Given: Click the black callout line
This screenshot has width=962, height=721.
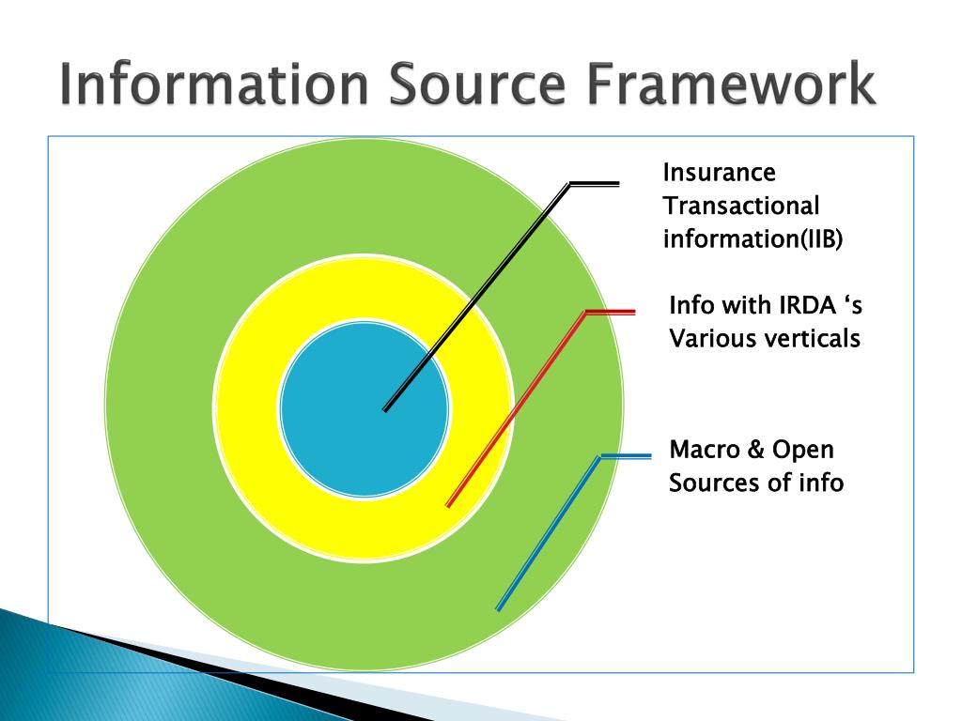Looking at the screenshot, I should (x=489, y=282).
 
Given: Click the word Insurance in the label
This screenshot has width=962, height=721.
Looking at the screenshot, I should (x=719, y=173).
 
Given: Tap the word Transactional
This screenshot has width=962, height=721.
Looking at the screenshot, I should (x=741, y=206).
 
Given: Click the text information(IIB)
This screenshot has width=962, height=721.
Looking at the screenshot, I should (x=753, y=238).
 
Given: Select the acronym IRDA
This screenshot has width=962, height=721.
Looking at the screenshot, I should (x=801, y=305).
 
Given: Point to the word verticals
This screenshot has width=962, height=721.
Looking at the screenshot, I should (x=809, y=338).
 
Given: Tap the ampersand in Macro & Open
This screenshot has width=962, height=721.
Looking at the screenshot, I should (x=756, y=450).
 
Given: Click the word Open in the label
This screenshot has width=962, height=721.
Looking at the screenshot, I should (x=803, y=451).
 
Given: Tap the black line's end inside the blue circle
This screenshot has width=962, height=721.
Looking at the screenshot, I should (x=387, y=408).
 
